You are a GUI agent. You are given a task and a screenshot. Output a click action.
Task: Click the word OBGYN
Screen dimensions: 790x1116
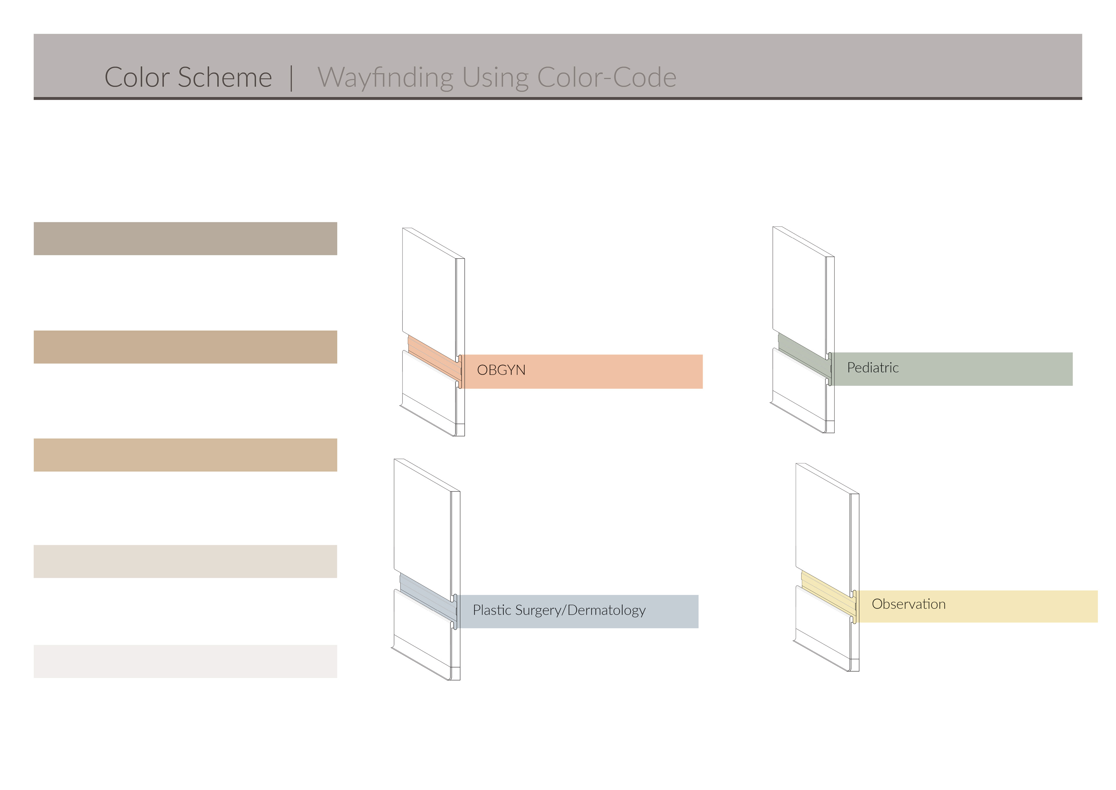tap(501, 370)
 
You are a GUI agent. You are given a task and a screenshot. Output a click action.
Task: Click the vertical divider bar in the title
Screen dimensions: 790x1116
tap(291, 78)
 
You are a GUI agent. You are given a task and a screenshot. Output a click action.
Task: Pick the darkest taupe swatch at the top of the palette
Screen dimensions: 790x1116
tap(185, 238)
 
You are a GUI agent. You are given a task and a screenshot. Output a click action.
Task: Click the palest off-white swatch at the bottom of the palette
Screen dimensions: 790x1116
tap(185, 661)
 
